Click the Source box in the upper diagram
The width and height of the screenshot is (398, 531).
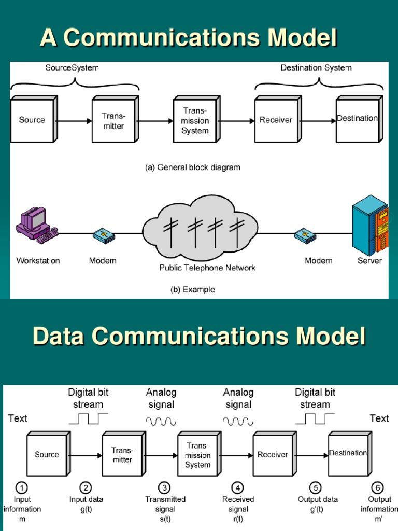tap(32, 120)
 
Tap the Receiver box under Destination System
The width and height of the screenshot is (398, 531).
tap(276, 120)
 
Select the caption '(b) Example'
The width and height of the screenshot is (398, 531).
tap(192, 290)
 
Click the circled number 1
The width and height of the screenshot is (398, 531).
tap(21, 487)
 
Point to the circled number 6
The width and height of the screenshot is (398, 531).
tap(378, 487)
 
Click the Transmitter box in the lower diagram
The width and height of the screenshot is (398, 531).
tap(122, 455)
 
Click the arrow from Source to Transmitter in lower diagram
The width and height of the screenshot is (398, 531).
tap(84, 456)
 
